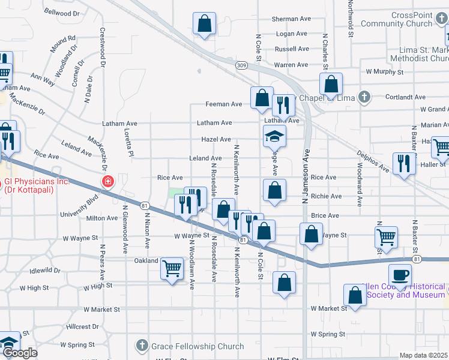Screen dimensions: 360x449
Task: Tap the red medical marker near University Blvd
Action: [108, 181]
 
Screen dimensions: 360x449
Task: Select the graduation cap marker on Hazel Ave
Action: [274, 137]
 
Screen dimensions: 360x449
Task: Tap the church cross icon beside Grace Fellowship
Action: [142, 346]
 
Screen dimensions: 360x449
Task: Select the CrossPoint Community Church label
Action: [396, 19]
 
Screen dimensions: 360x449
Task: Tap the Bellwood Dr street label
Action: [62, 13]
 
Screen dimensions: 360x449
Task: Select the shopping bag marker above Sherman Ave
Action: [204, 24]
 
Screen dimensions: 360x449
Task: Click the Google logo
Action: [20, 353]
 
